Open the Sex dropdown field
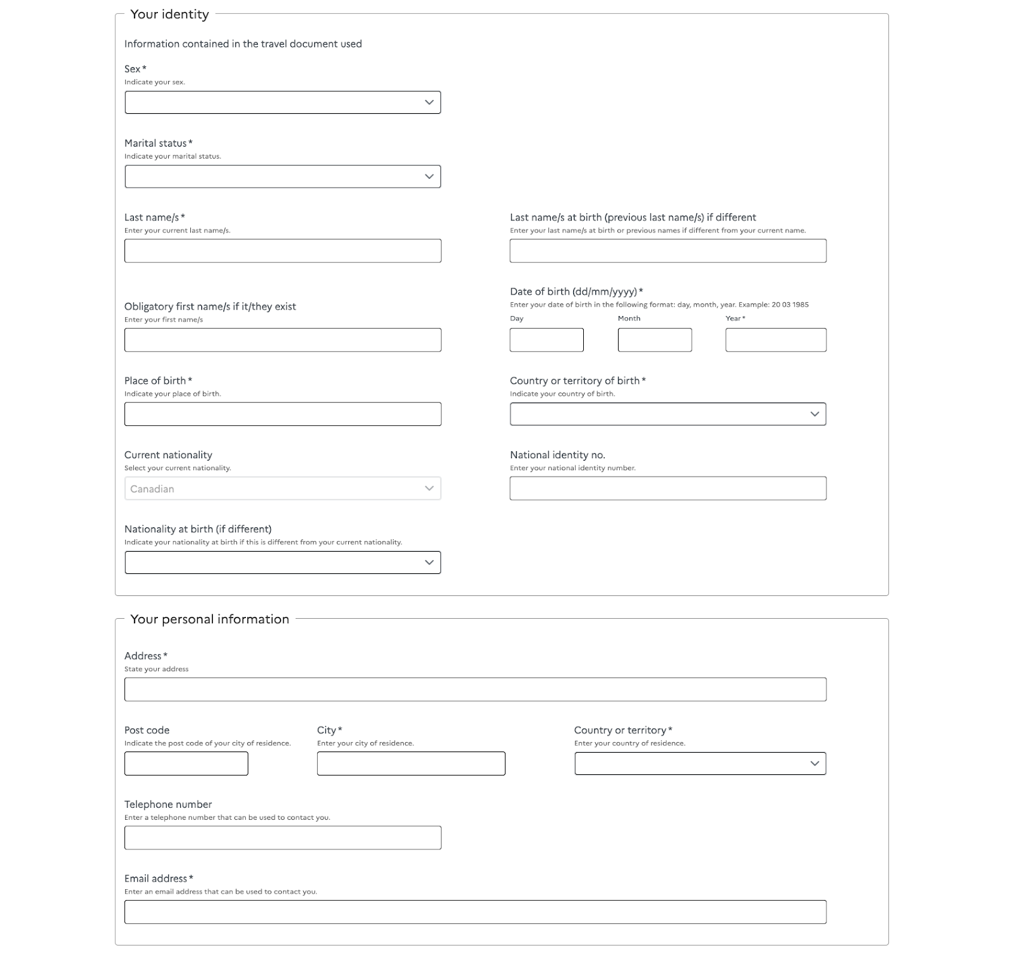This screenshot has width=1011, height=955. coord(282,102)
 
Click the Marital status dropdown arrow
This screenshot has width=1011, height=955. coord(429,176)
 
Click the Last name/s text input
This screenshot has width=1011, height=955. coord(282,251)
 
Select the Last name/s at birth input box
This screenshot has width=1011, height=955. coord(668,251)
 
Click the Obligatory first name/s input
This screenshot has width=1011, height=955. coord(282,340)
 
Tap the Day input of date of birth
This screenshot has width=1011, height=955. coord(547,340)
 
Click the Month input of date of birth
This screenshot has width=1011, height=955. coord(655,340)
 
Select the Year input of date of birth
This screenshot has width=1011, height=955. coord(775,340)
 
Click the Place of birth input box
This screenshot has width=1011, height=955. coord(282,414)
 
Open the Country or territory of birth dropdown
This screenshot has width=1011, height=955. coord(668,414)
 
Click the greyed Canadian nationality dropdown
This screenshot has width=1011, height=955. coord(282,489)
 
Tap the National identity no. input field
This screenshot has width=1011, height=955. coord(668,489)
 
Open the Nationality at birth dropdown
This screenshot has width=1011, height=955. coord(282,563)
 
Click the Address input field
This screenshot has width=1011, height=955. coord(475,690)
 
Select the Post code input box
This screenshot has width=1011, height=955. coord(186,763)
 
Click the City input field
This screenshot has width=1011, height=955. coord(411,763)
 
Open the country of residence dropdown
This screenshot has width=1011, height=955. coord(700,763)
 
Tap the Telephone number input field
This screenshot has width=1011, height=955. coord(282,837)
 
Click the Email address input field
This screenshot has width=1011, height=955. coord(475,912)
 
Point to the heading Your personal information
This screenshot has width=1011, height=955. coord(210,619)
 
